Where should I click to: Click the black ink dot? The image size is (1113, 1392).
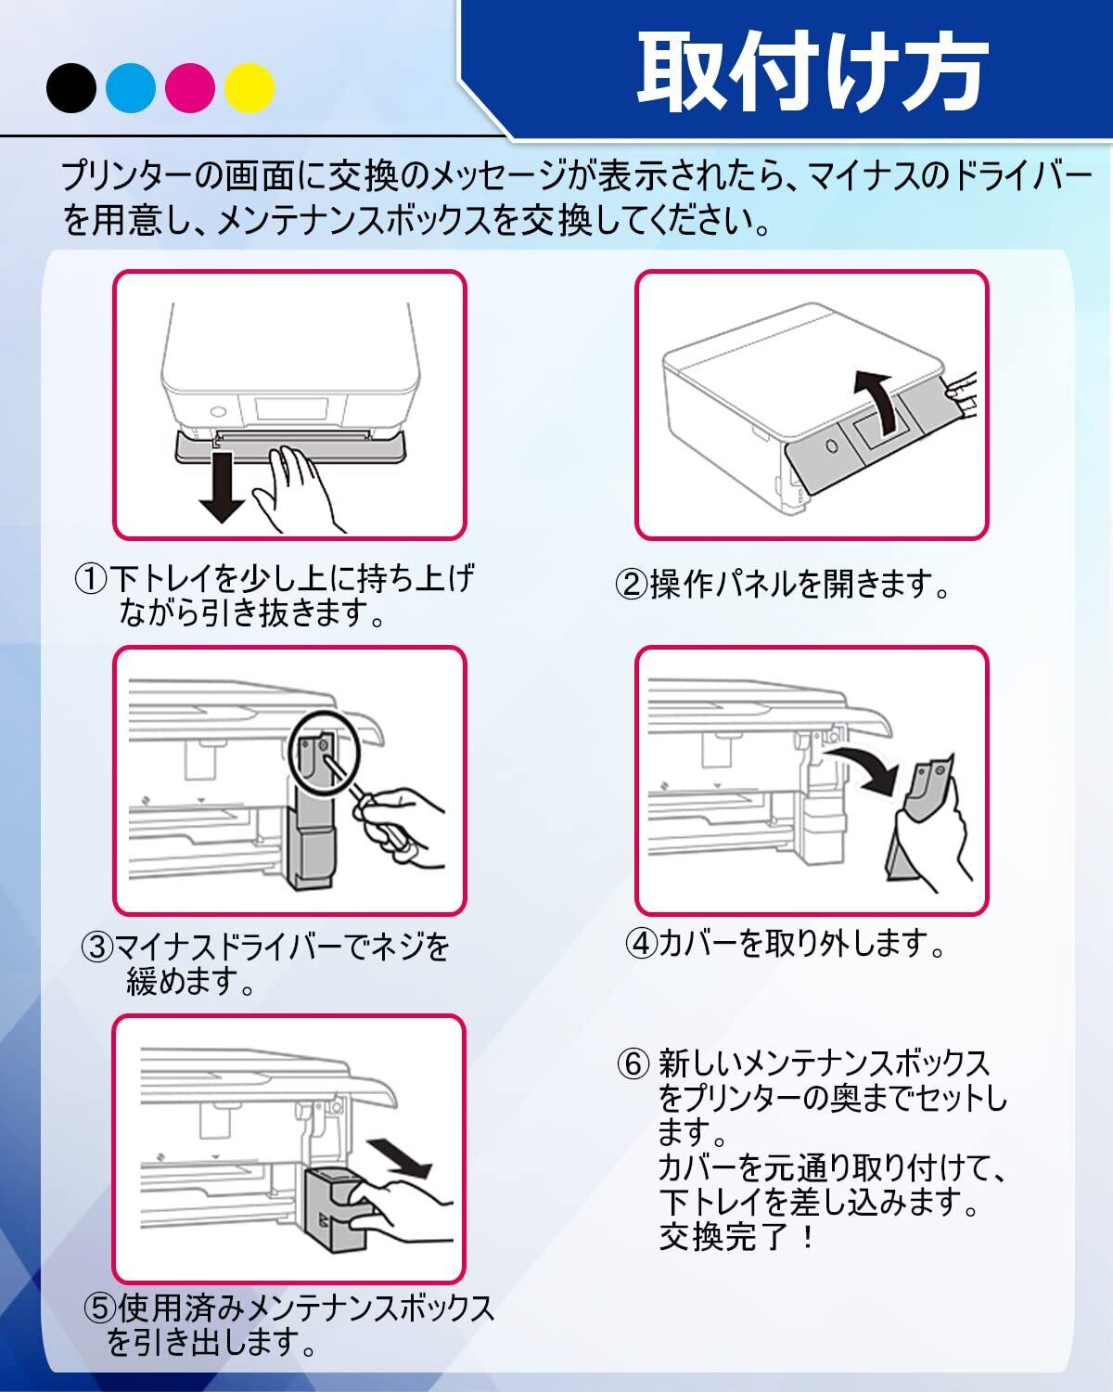coord(71,88)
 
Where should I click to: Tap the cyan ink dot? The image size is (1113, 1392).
coord(131,88)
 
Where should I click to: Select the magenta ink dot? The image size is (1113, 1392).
coord(190,88)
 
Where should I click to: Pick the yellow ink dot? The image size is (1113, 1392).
coord(249,88)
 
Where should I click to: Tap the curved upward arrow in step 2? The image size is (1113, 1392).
coord(876,399)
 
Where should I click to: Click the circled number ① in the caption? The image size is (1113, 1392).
coord(92,580)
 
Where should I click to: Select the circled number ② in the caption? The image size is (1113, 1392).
coord(631,586)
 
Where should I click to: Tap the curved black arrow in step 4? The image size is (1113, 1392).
coord(863,761)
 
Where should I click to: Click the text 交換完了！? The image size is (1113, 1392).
coord(737,1237)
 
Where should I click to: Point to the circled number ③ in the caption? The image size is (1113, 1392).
coord(97,947)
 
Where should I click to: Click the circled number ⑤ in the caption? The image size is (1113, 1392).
coord(100,1309)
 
